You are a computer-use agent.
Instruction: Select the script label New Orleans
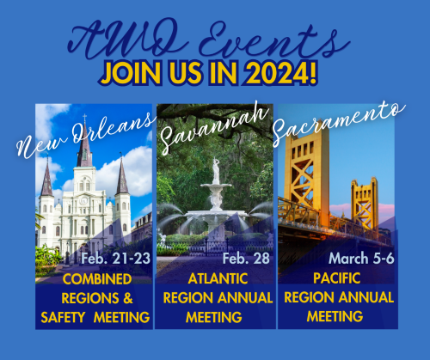point(85,135)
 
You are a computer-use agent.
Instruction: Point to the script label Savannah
point(214,126)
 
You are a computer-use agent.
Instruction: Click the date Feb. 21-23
point(115,259)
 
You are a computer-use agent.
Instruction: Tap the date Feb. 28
point(246,259)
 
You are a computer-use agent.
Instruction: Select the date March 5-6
point(361,259)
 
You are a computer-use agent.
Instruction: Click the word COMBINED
point(97,279)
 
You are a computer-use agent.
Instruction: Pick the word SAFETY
point(63,317)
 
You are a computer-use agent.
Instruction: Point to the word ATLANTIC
point(218,278)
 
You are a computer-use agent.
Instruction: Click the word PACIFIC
point(337,278)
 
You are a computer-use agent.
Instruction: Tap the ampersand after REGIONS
point(128,298)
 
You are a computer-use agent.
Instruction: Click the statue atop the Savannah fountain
point(216,170)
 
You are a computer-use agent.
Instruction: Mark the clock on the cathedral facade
point(83,200)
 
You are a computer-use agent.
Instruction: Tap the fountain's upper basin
point(216,186)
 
